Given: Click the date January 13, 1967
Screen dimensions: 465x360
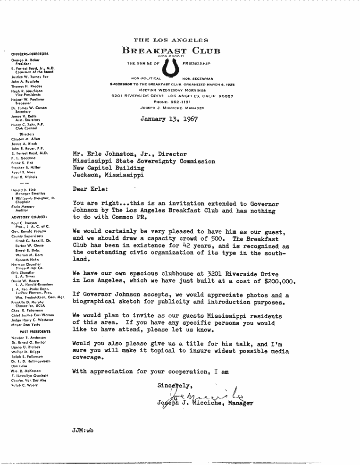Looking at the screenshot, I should (169, 119).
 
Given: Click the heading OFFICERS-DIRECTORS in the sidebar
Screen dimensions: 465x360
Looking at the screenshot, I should (30, 54).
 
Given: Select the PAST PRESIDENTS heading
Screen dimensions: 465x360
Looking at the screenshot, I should (31, 332).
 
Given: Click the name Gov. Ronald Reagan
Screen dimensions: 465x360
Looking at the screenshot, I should (29, 231).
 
